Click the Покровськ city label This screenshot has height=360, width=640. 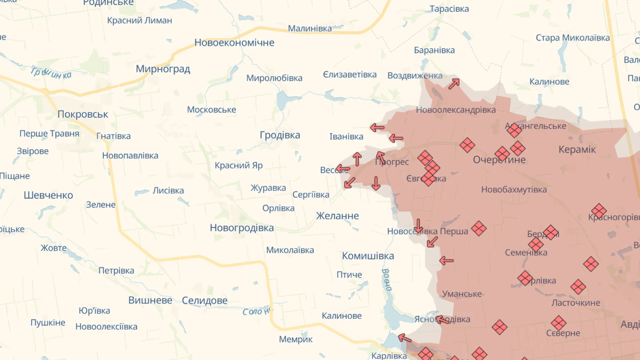82,114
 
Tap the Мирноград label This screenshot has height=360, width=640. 162,69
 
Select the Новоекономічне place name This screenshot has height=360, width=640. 234,42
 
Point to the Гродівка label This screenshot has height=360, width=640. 279,135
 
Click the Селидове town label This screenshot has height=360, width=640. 204,300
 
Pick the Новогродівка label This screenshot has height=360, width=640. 241,227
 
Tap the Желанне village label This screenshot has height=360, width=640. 337,216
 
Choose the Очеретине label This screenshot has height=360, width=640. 499,159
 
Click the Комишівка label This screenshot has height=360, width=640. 368,256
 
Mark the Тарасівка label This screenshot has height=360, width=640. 449,9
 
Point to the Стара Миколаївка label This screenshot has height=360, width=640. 573,38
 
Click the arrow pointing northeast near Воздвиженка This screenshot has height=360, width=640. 454,84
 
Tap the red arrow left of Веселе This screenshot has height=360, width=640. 342,169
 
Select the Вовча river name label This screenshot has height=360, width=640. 386,279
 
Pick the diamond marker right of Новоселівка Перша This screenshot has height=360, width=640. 478,228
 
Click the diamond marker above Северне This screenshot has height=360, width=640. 558,323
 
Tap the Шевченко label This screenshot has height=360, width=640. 48,195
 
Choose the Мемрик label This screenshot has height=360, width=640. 296,339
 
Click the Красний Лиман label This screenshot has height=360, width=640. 139,20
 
